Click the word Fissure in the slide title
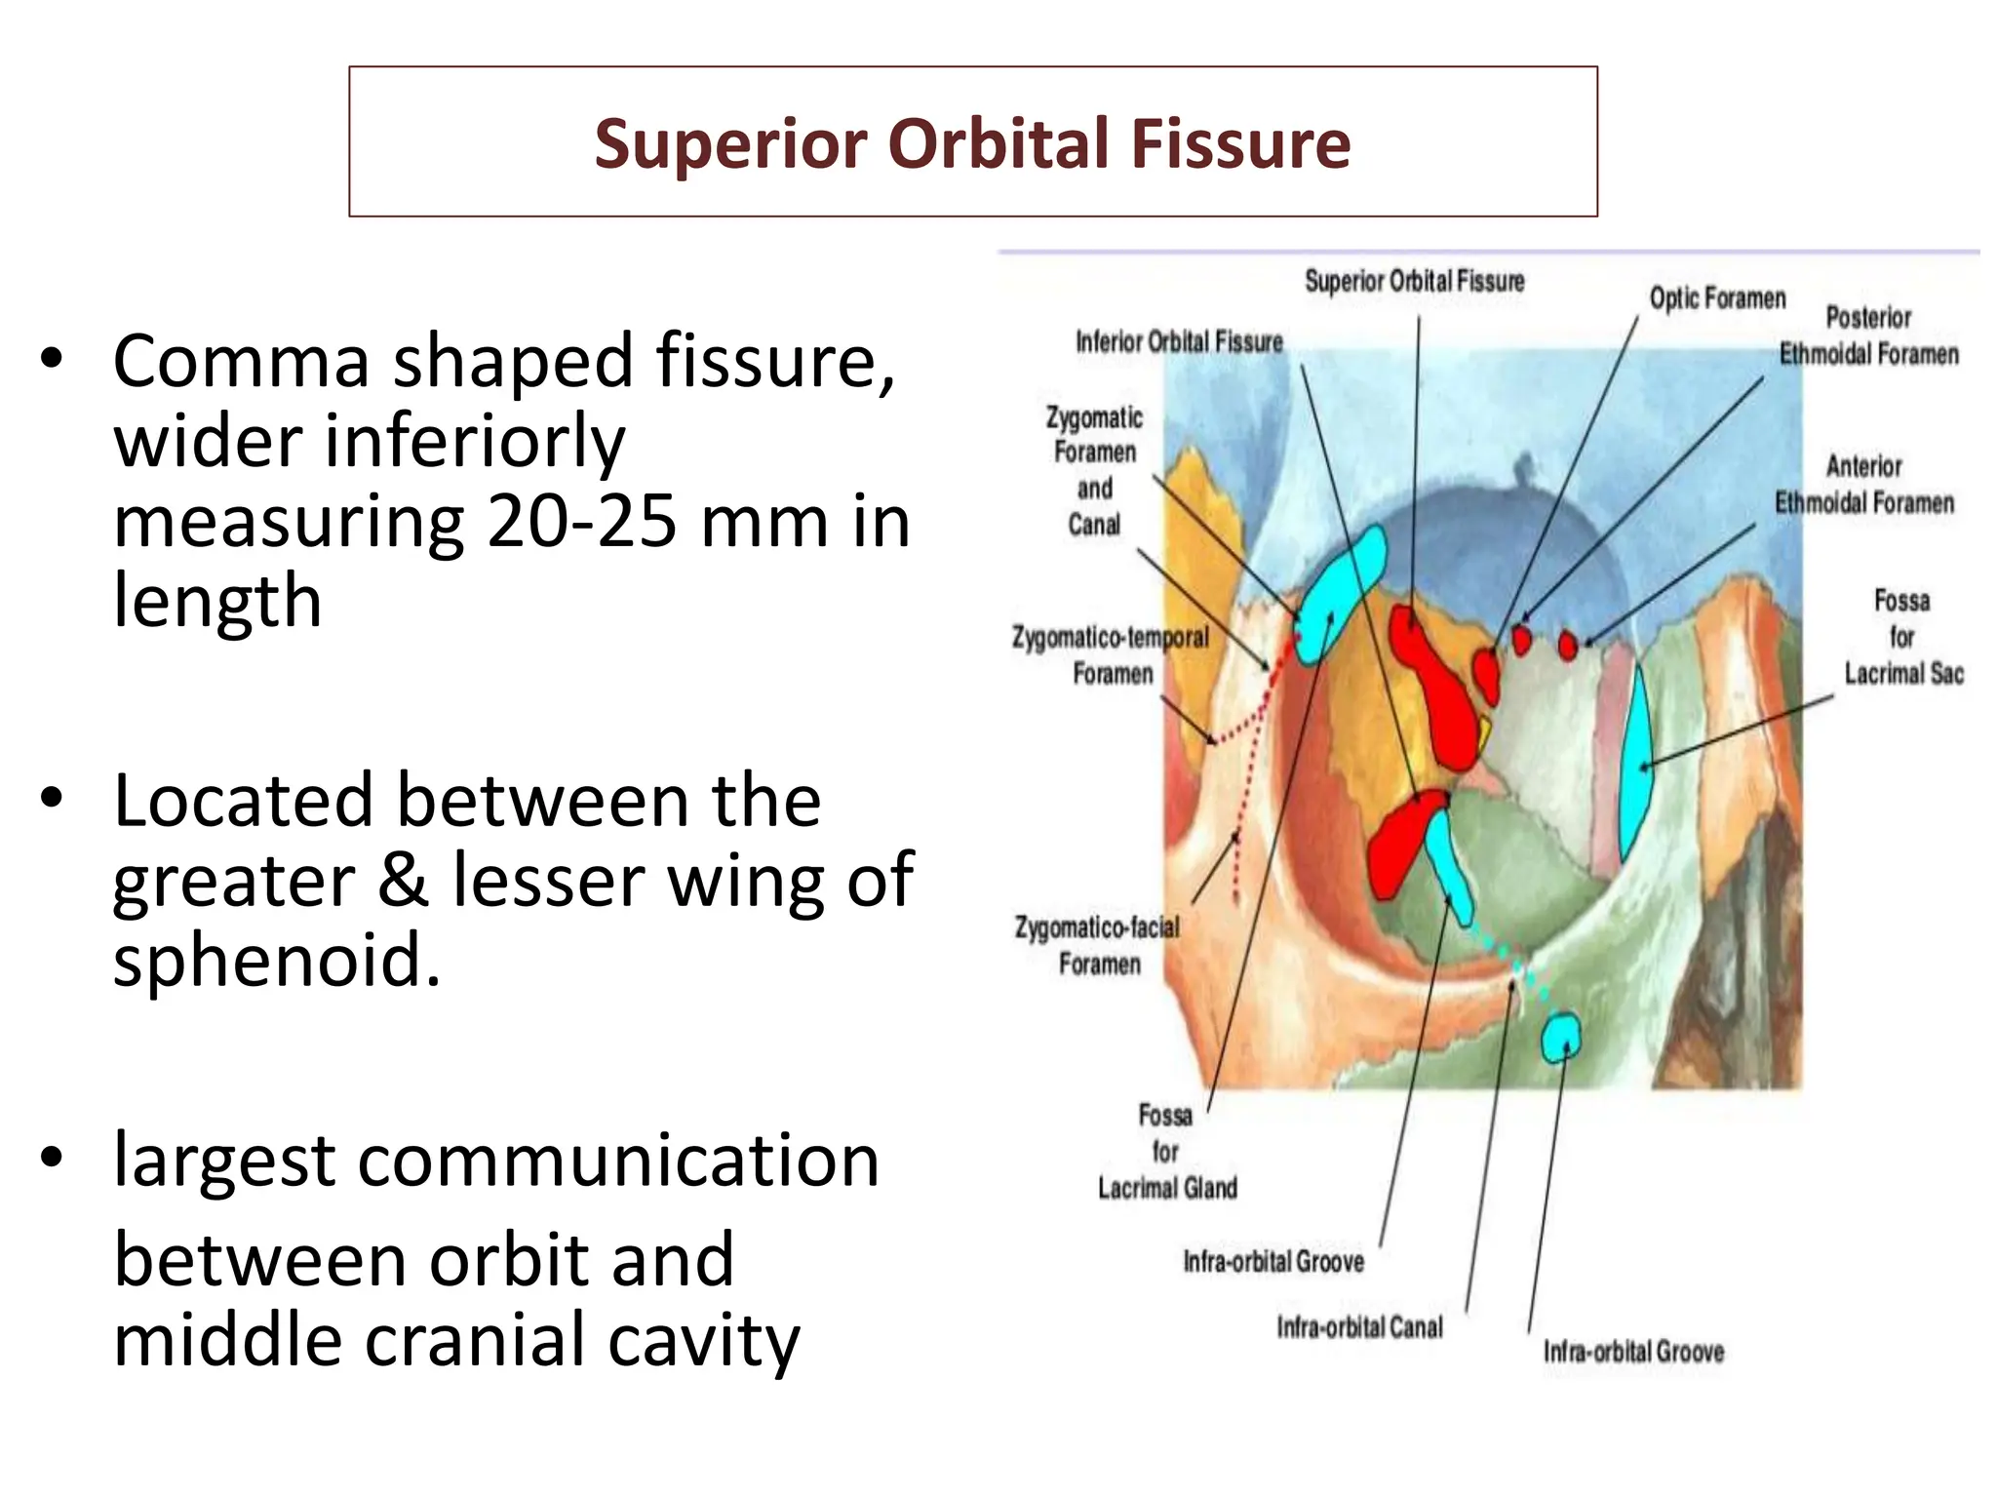(x=1239, y=143)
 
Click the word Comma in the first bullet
(x=241, y=362)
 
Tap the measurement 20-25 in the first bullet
(x=581, y=521)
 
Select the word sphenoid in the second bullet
(x=277, y=960)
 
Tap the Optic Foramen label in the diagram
(x=1717, y=298)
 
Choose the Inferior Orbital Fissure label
(x=1179, y=342)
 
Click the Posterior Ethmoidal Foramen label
(x=1867, y=335)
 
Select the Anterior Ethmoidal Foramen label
(x=1863, y=485)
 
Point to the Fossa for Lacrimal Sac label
(x=1902, y=637)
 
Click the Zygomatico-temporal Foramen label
(x=1111, y=655)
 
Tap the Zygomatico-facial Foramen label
(x=1098, y=945)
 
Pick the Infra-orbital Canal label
(x=1359, y=1327)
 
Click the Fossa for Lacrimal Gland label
(x=1167, y=1152)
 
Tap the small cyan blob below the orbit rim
(x=1560, y=1038)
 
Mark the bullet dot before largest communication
(x=52, y=1159)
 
